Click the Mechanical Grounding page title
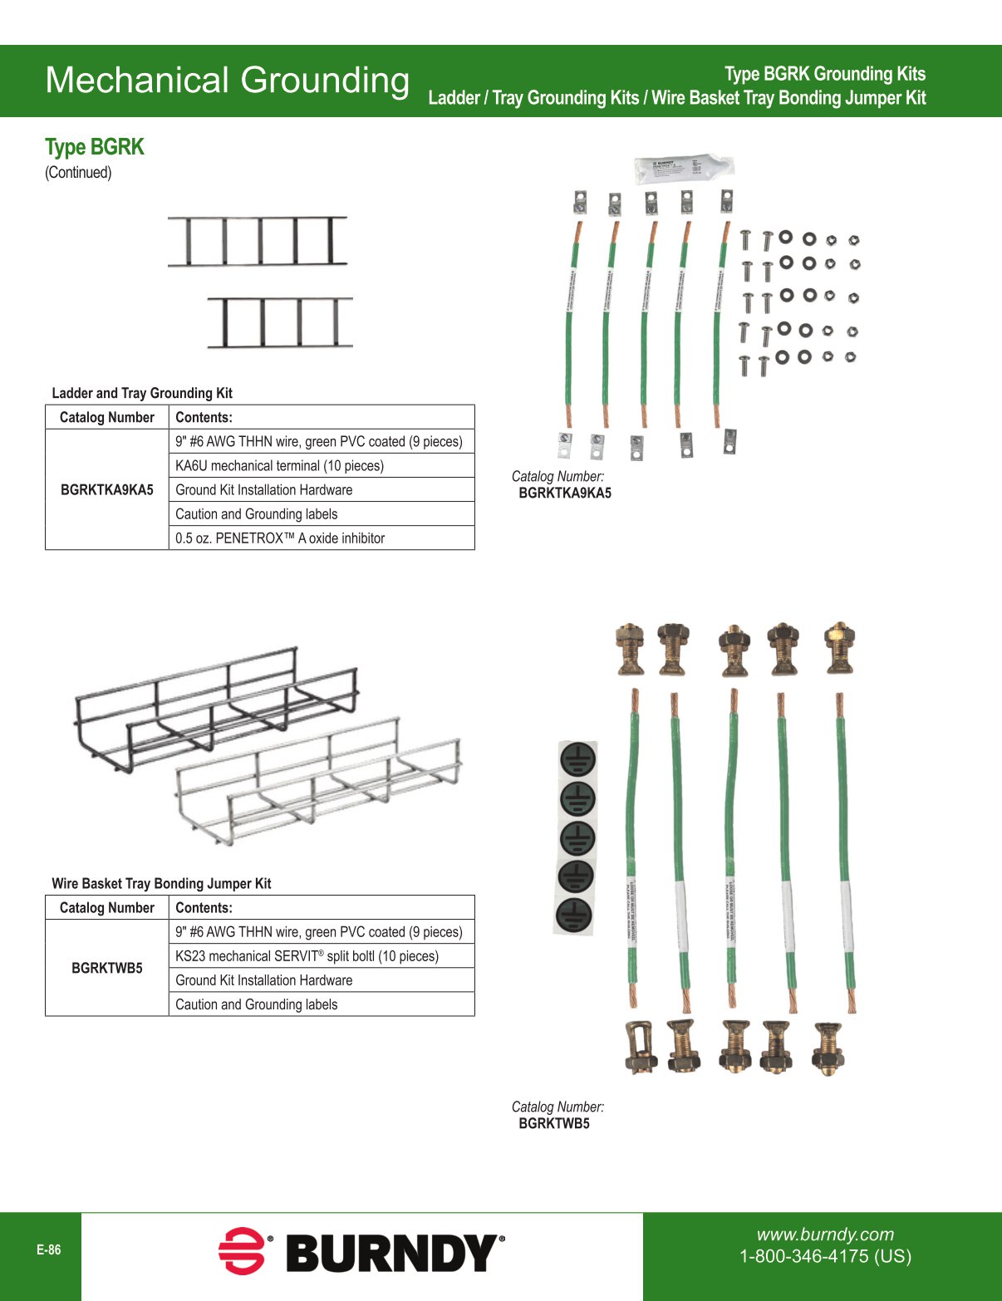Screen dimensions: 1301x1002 click(227, 81)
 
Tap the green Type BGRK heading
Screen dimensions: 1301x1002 click(95, 147)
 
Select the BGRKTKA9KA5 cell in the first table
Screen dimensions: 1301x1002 click(107, 489)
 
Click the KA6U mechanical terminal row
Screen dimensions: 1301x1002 click(279, 465)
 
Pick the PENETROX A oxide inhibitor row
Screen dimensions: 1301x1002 click(280, 538)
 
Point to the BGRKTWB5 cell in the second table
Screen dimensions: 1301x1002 click(107, 968)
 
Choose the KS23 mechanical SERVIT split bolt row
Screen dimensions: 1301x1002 click(307, 955)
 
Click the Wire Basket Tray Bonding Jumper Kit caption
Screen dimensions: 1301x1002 click(161, 883)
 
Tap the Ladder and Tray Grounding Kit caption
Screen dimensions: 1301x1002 click(142, 393)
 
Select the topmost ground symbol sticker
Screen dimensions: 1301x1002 click(577, 759)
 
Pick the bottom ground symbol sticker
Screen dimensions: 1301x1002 click(574, 914)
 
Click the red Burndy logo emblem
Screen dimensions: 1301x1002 click(242, 1250)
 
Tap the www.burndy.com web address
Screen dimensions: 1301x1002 click(825, 1235)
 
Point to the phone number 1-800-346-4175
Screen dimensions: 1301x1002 click(825, 1256)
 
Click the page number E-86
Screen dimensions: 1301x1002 click(49, 1249)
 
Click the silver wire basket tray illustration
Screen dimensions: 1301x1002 click(320, 785)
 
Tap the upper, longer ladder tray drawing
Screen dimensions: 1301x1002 click(258, 241)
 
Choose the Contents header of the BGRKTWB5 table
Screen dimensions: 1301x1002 click(204, 907)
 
